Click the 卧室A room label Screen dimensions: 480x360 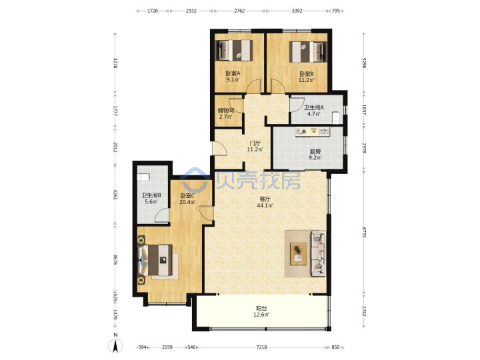point(233,73)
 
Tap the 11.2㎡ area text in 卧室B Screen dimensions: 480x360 point(307,80)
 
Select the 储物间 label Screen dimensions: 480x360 point(226,110)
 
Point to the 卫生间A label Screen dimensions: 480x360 point(314,107)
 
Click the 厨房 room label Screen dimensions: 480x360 point(315,151)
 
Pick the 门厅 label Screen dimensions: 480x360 point(255,143)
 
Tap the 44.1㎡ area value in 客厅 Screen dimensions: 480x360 point(265,205)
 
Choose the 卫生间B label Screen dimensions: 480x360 point(151,195)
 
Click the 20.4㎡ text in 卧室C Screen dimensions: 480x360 point(187,202)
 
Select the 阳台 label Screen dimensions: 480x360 point(261,308)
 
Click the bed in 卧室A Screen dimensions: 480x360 point(235,50)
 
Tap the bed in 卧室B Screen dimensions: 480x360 point(307,52)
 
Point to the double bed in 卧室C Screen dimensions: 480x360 point(155,260)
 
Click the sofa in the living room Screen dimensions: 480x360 point(319,254)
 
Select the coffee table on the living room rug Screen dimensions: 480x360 point(299,254)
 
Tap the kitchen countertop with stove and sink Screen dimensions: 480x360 point(312,131)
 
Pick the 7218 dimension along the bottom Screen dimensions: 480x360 point(261,347)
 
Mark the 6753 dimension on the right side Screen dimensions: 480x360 point(364,233)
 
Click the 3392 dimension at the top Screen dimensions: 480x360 point(297,11)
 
